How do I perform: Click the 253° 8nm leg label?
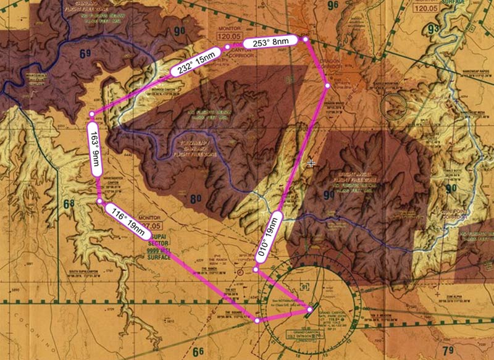(x=267, y=42)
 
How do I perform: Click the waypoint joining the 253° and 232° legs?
(x=227, y=46)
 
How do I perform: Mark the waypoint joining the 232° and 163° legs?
(x=93, y=114)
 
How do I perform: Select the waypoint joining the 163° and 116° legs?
(x=100, y=201)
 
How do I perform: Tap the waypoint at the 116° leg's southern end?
(x=257, y=320)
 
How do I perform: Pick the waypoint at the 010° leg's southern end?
(x=256, y=269)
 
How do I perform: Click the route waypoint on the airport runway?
(x=309, y=309)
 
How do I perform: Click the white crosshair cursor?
(x=312, y=163)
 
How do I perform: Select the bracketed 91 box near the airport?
(x=304, y=287)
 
